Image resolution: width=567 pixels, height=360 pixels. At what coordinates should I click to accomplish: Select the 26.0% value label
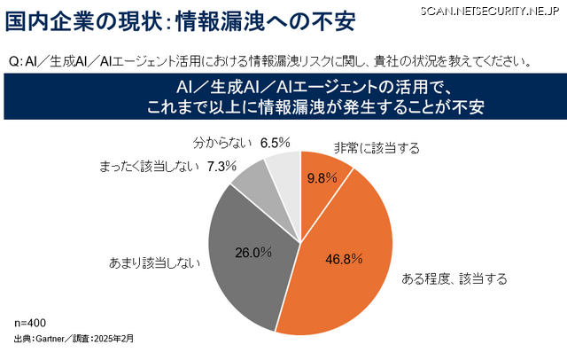252,252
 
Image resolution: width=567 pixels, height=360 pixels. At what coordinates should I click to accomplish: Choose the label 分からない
221,142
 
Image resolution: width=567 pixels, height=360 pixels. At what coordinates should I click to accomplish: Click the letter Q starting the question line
14,63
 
